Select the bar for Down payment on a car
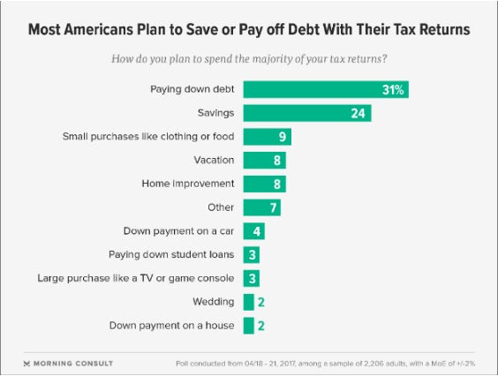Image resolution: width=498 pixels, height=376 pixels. [253, 231]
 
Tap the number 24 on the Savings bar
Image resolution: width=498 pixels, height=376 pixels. [357, 113]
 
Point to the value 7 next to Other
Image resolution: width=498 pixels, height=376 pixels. [274, 207]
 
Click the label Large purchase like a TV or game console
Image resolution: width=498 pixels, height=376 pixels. [136, 278]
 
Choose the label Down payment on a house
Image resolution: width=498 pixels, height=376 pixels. [171, 326]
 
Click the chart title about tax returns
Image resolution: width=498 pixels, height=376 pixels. [249, 29]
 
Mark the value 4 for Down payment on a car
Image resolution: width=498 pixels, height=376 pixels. [256, 231]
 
